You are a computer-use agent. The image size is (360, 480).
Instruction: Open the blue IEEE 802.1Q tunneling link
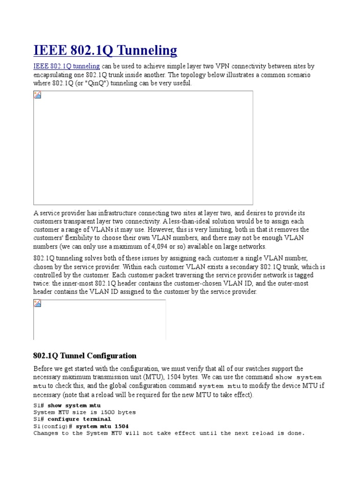tap(66, 67)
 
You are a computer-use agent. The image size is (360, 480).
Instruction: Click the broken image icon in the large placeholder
tap(37, 95)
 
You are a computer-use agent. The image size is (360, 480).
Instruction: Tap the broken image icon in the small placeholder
tap(37, 304)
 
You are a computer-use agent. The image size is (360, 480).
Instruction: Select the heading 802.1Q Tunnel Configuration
tap(85, 356)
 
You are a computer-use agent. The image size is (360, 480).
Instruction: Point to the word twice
tap(42, 284)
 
